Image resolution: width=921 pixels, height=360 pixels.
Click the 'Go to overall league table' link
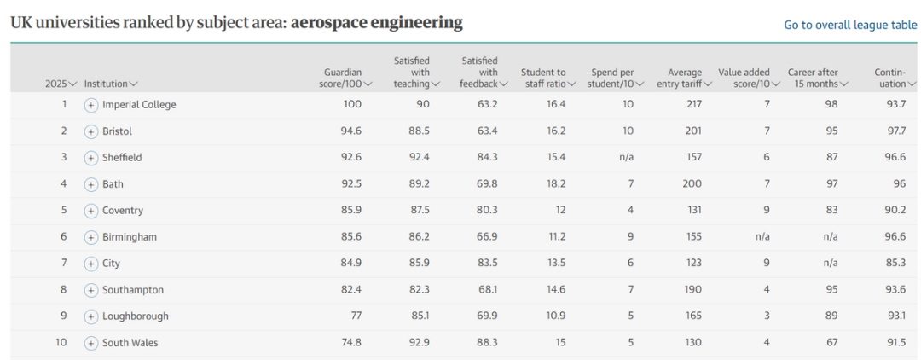[x=850, y=26]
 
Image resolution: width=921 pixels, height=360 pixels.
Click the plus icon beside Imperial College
[x=91, y=105]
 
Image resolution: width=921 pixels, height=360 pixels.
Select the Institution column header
[x=110, y=84]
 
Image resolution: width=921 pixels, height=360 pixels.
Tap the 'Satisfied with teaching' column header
[x=416, y=73]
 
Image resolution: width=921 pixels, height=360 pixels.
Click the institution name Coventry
[x=123, y=211]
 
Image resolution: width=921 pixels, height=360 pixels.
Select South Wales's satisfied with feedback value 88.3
[x=486, y=343]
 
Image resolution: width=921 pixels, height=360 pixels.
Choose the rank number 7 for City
[x=63, y=264]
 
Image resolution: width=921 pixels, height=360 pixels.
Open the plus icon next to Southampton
[x=91, y=290]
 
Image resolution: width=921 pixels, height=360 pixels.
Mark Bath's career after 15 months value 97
[x=831, y=184]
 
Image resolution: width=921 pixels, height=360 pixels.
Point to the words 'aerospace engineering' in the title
[x=376, y=23]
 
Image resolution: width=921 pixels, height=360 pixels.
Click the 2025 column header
[x=61, y=84]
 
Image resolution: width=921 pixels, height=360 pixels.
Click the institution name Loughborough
[x=136, y=316]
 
